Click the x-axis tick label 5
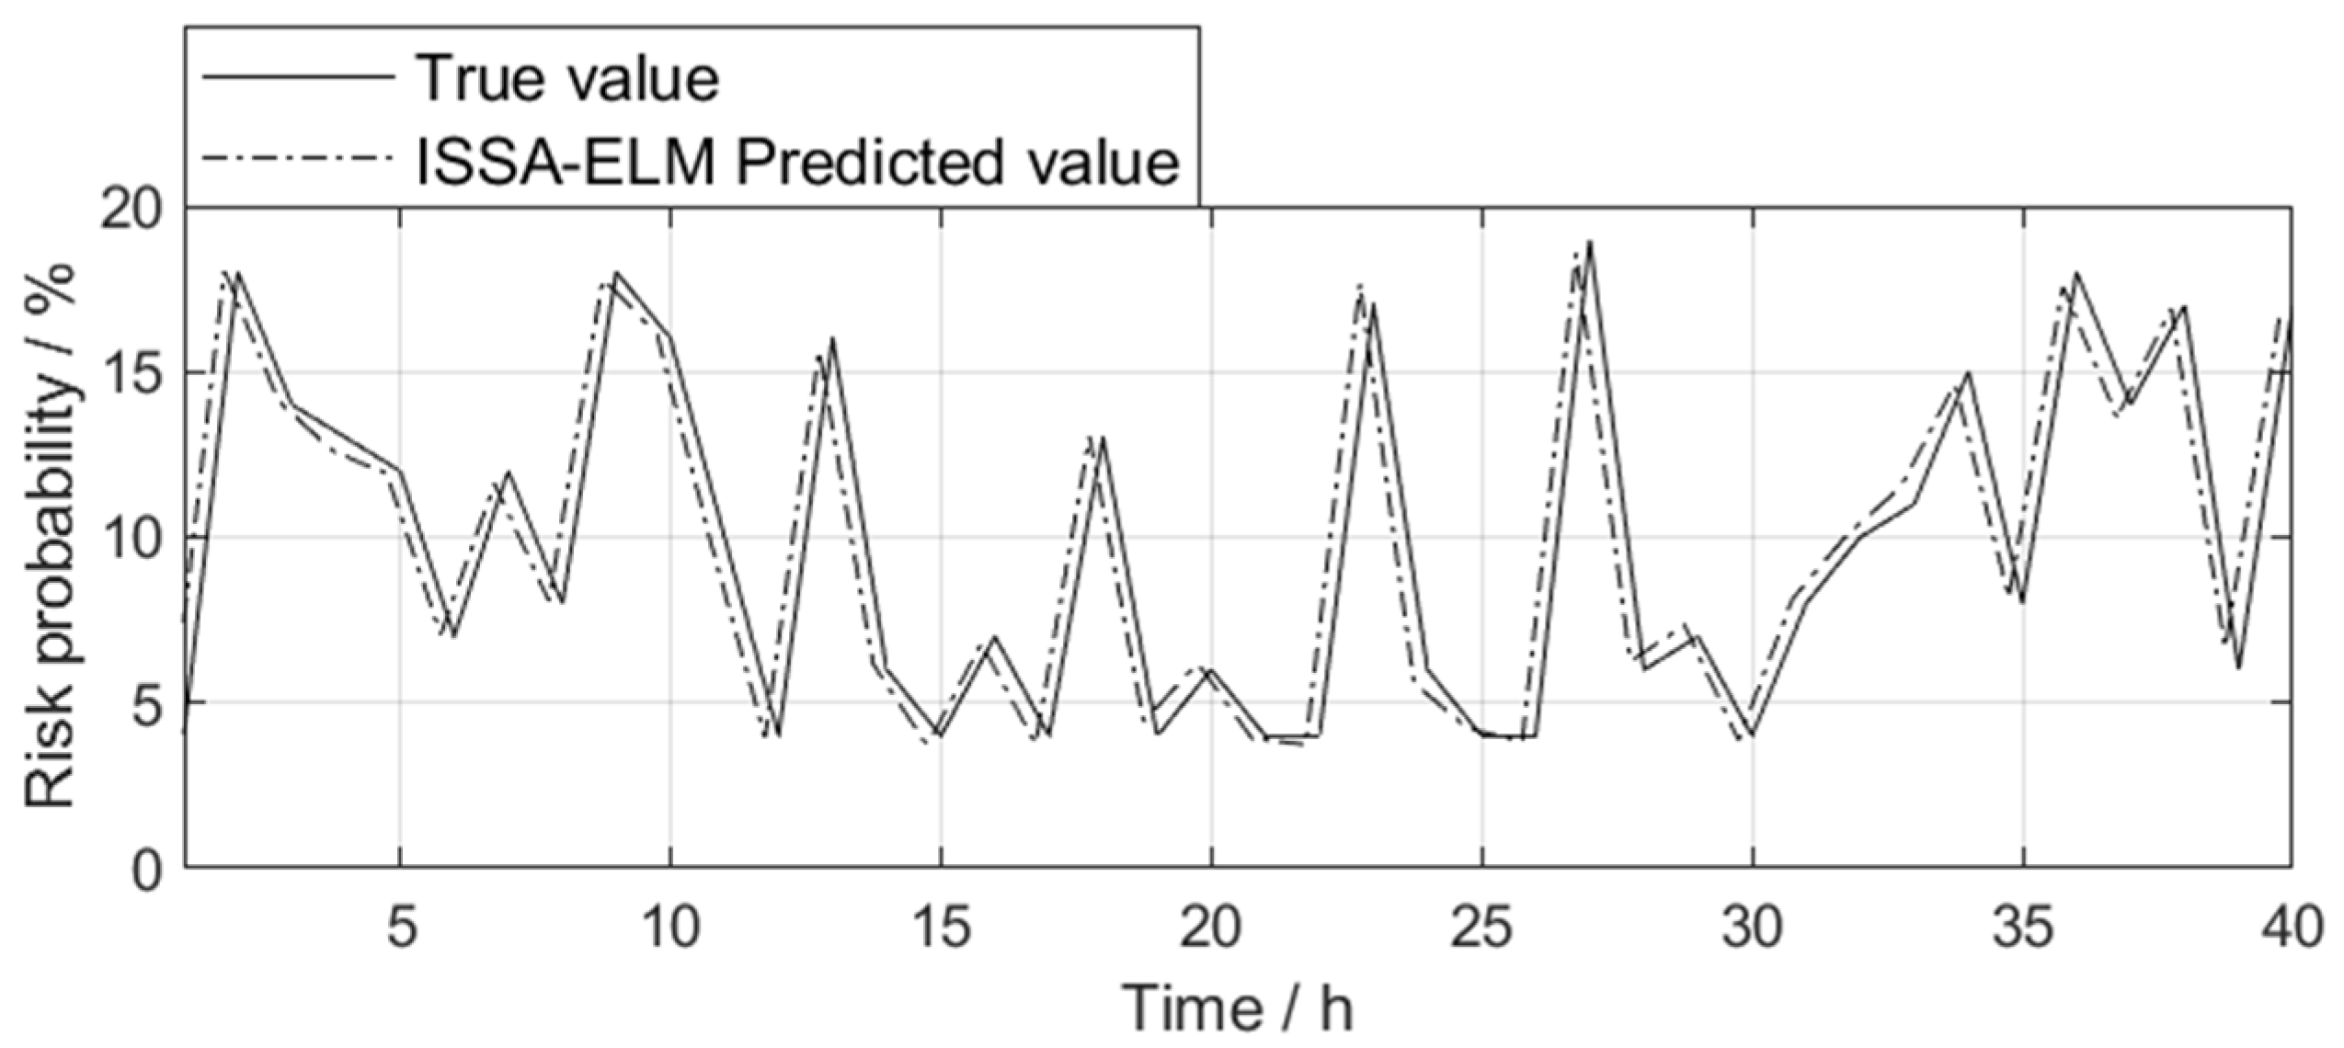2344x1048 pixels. [x=401, y=928]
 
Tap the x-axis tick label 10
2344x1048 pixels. [x=670, y=928]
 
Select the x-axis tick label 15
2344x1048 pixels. [x=941, y=928]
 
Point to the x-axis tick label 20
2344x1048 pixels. [x=1211, y=928]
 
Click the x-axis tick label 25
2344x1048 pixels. [x=1481, y=928]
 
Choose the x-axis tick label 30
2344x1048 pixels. [x=1752, y=928]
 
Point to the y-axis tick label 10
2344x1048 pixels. [x=129, y=538]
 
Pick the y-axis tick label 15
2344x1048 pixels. [x=129, y=373]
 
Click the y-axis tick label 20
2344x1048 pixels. [x=129, y=211]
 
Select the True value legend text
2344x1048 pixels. [x=567, y=78]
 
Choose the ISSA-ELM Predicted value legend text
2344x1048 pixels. [x=797, y=163]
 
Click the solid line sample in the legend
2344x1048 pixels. [x=299, y=78]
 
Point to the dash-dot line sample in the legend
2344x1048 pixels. [x=299, y=163]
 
